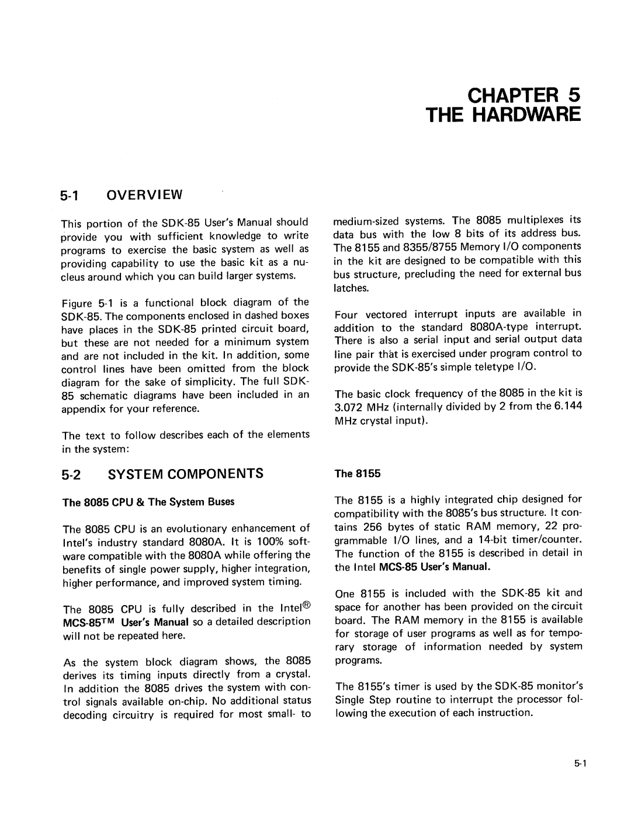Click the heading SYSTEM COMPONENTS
pos(185,473)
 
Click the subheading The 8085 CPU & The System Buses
pos(148,502)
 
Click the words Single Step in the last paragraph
pos(359,700)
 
